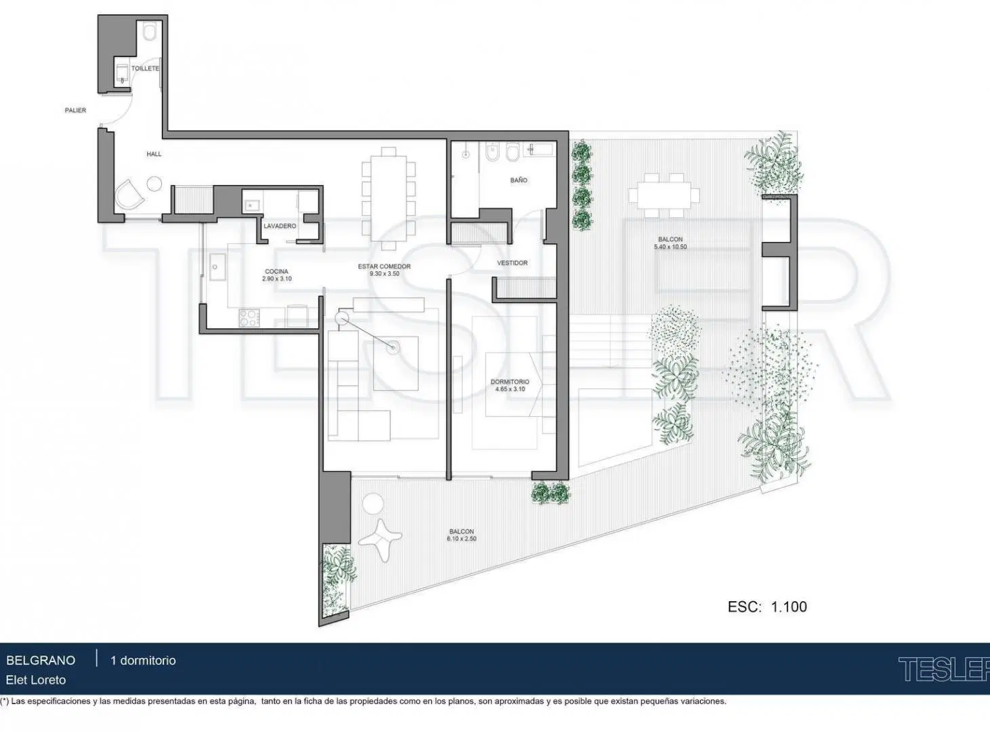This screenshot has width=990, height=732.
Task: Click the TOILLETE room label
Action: (x=145, y=68)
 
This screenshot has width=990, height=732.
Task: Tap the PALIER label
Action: (x=75, y=110)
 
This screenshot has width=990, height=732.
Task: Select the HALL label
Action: (x=154, y=154)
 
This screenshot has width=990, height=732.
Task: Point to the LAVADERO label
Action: (x=280, y=226)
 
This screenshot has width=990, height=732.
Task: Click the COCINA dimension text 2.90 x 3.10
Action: (x=276, y=279)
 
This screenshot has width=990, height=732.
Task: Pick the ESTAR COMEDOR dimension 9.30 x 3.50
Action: (x=384, y=274)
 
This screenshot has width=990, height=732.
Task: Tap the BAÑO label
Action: (x=518, y=180)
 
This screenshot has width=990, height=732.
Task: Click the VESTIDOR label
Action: (x=512, y=263)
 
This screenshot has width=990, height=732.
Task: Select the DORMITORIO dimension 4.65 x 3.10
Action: (x=510, y=389)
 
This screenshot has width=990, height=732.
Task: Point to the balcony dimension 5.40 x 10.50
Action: (x=670, y=247)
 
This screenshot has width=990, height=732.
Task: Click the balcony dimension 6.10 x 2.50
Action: (x=461, y=539)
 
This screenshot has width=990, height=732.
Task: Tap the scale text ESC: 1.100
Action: (x=767, y=607)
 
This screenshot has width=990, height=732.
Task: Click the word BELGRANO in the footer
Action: (x=41, y=660)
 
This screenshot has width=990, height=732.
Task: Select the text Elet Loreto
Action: (x=36, y=680)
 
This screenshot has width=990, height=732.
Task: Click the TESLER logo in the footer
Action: (x=943, y=669)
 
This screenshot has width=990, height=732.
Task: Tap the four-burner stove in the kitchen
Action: (x=249, y=318)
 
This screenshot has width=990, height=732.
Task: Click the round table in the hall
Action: (x=154, y=184)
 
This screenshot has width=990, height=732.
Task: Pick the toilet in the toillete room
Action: (x=150, y=32)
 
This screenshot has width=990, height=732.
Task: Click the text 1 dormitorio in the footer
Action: (x=143, y=660)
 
